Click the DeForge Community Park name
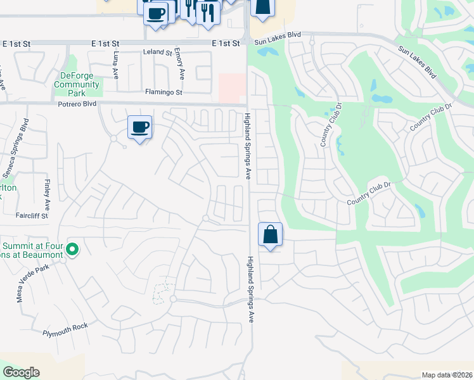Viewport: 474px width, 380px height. pos(77,84)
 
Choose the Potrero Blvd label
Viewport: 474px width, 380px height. pos(77,103)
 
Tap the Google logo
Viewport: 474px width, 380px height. pos(21,372)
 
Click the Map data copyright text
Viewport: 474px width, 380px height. pos(447,375)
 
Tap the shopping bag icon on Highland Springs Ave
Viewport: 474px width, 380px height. pos(271,235)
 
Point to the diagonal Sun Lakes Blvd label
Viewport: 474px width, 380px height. pos(418,61)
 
